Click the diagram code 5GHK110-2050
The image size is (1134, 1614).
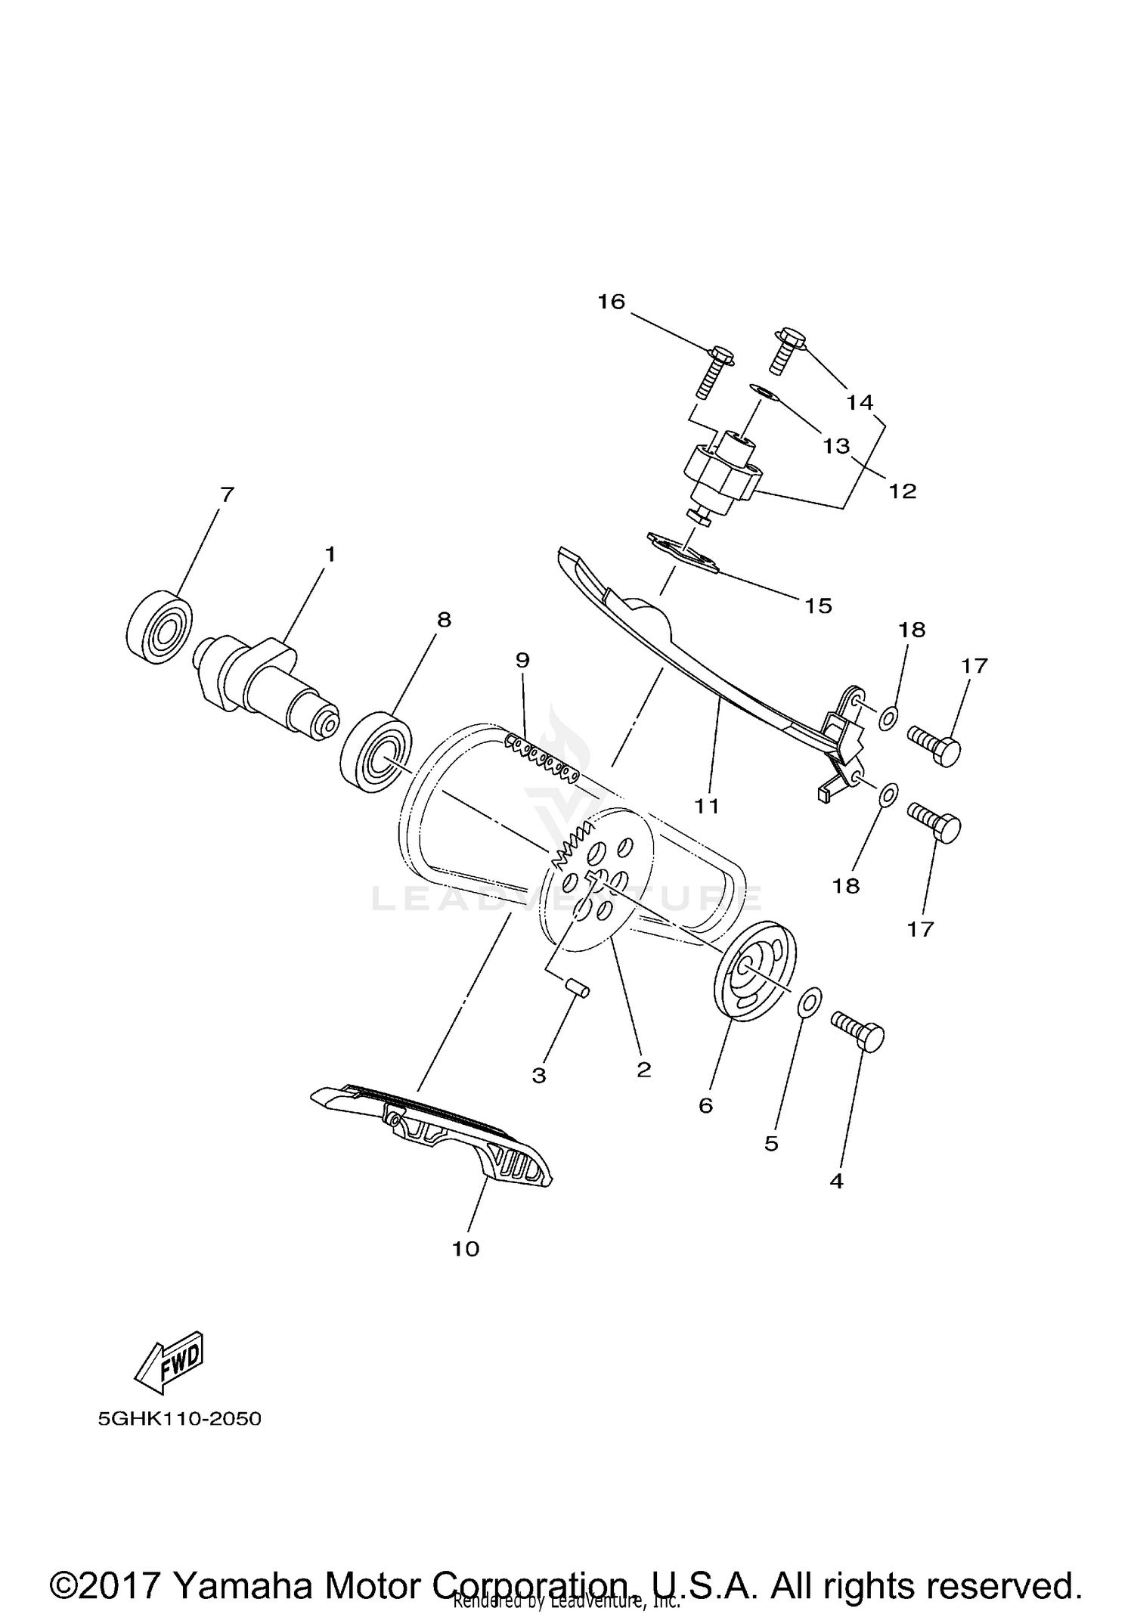click(x=179, y=1419)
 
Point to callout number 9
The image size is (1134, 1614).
click(x=522, y=660)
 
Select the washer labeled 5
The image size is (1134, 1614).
click(x=808, y=1003)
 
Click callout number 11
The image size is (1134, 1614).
click(x=707, y=807)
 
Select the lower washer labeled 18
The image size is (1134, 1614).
click(x=889, y=795)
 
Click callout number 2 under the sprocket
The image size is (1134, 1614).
click(x=643, y=1070)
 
